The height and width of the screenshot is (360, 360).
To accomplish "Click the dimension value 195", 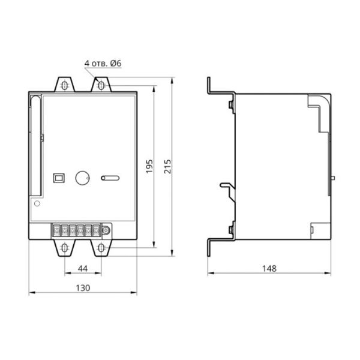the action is click(149, 166).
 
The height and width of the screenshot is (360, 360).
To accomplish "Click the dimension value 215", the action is click(167, 166).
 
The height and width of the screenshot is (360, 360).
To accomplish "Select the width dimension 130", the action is click(83, 288).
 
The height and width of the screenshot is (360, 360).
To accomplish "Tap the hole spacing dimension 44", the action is click(83, 268).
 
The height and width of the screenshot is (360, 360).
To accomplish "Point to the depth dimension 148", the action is click(269, 268).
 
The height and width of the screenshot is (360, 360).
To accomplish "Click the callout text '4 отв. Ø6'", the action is click(103, 64).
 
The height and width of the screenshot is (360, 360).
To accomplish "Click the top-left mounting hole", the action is click(65, 86).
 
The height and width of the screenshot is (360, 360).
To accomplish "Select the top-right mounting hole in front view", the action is click(101, 86).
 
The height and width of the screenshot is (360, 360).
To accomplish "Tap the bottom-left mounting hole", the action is click(65, 248).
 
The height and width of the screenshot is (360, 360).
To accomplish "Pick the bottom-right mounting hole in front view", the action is click(101, 248).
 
